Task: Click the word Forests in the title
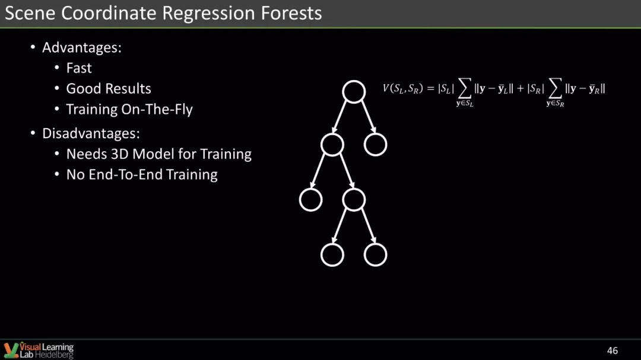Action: click(291, 12)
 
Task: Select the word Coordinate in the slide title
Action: click(109, 12)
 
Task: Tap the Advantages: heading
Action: click(82, 48)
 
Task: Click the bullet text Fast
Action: click(79, 68)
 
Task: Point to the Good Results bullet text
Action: click(109, 89)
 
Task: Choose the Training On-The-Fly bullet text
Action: click(129, 110)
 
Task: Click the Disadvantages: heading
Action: click(91, 133)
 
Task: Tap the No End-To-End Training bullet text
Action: click(142, 175)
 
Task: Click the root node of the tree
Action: click(354, 81)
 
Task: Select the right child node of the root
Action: click(375, 133)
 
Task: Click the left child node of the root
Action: click(332, 133)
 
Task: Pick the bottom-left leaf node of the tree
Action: click(332, 244)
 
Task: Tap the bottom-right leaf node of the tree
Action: click(375, 244)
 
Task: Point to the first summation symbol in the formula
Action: click(465, 88)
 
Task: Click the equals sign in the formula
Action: click(430, 89)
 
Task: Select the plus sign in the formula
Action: click(521, 89)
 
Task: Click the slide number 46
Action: click(613, 351)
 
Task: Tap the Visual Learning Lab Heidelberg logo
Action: click(39, 351)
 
